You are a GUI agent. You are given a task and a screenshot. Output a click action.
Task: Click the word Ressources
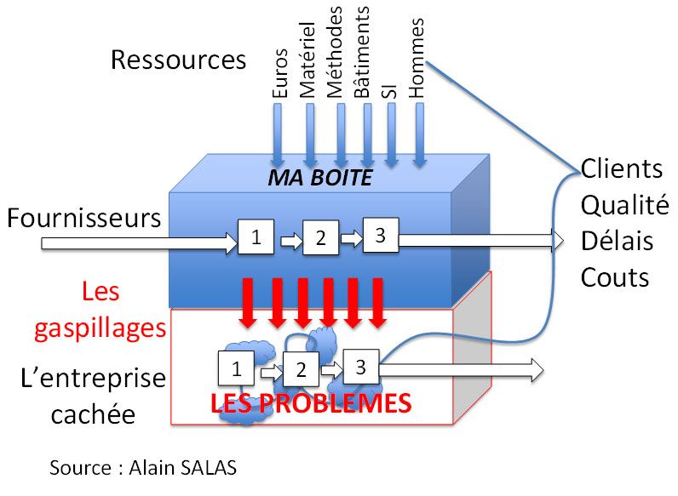[x=178, y=60]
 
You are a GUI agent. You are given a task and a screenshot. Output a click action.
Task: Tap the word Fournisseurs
[x=84, y=218]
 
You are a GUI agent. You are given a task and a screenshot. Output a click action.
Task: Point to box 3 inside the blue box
[x=380, y=235]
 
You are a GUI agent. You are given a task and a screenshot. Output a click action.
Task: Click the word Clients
[x=622, y=168]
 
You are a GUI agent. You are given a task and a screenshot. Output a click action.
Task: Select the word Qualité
[x=624, y=205]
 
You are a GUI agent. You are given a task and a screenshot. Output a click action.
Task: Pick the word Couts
[x=615, y=277]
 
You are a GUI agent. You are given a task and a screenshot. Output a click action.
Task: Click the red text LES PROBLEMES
[x=311, y=402]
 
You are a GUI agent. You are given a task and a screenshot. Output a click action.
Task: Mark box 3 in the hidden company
[x=360, y=367]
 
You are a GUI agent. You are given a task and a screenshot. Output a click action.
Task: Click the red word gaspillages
[x=100, y=328]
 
